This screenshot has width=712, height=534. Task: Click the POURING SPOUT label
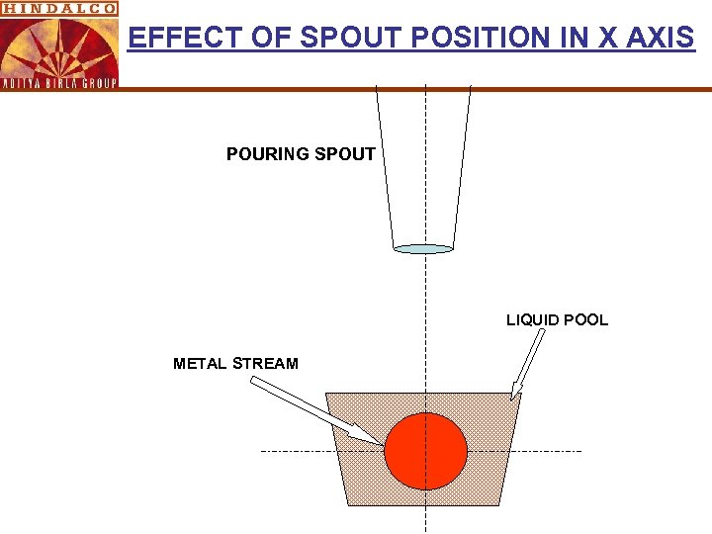pos(301,154)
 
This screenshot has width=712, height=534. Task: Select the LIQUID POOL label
pos(557,320)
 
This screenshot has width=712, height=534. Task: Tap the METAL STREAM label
pos(235,364)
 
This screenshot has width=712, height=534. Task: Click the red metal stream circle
pos(425,450)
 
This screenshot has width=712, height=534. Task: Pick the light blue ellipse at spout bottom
pos(423,249)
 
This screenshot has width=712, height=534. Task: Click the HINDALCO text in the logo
pos(58,7)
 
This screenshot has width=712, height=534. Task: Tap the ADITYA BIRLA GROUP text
pos(58,83)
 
